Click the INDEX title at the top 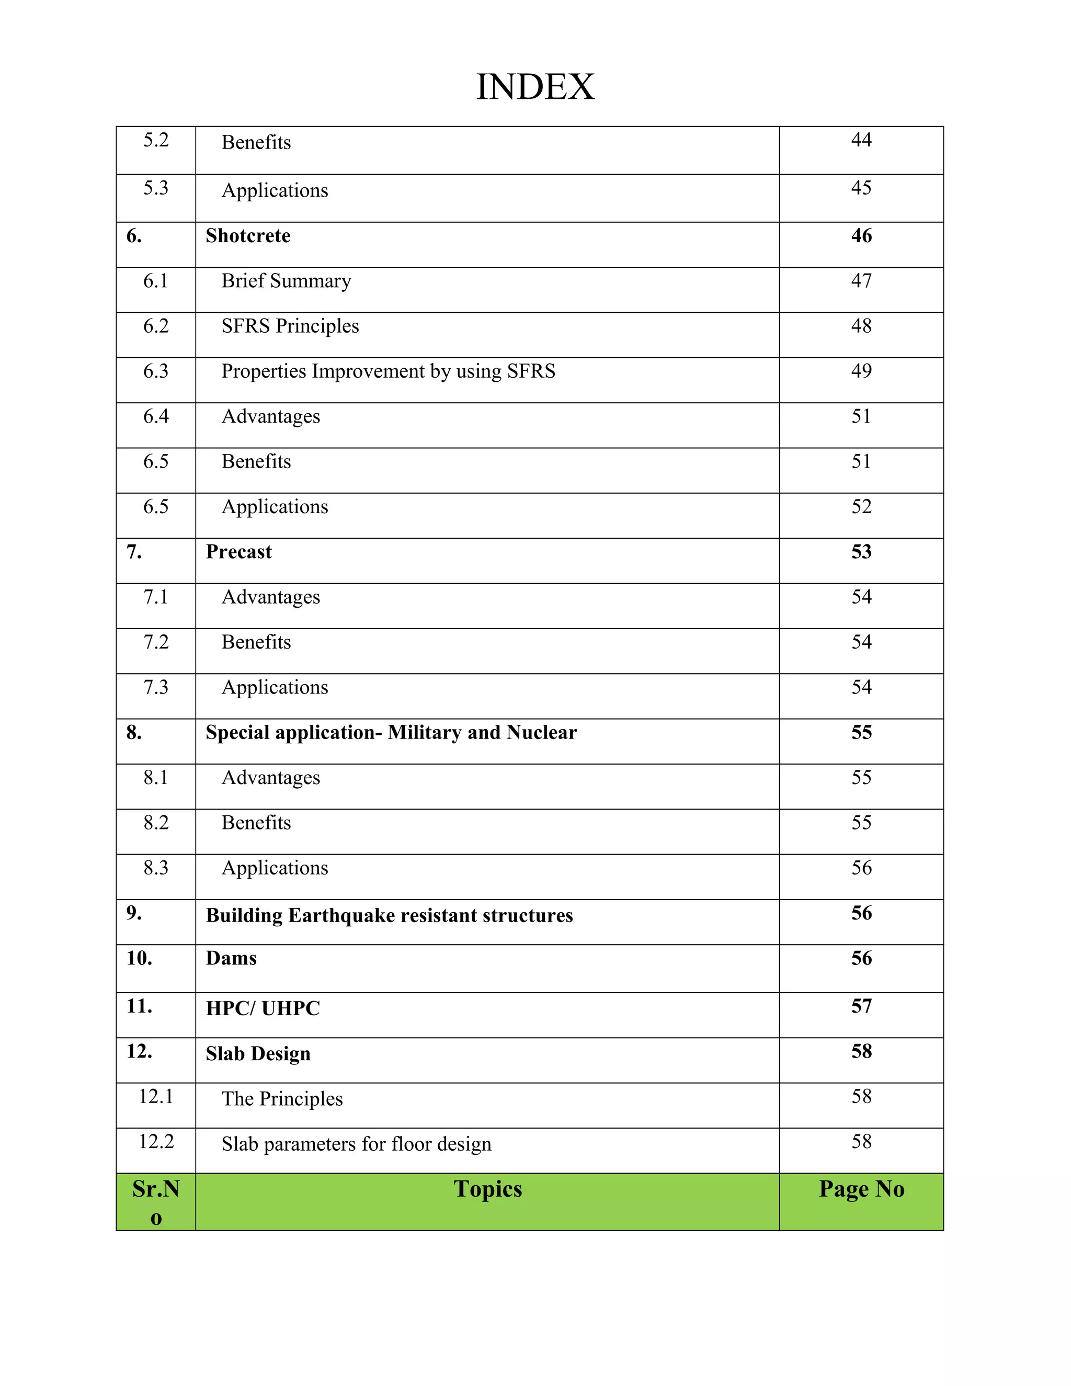click(535, 87)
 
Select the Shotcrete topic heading click(248, 235)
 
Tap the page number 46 click(861, 235)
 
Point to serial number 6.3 click(155, 371)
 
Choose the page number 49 click(861, 371)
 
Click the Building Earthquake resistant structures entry click(389, 915)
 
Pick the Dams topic click(231, 958)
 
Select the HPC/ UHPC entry click(263, 1008)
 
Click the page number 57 click(861, 1006)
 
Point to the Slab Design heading click(258, 1053)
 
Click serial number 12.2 click(155, 1141)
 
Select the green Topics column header click(487, 1189)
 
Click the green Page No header click(861, 1189)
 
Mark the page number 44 click(861, 140)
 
